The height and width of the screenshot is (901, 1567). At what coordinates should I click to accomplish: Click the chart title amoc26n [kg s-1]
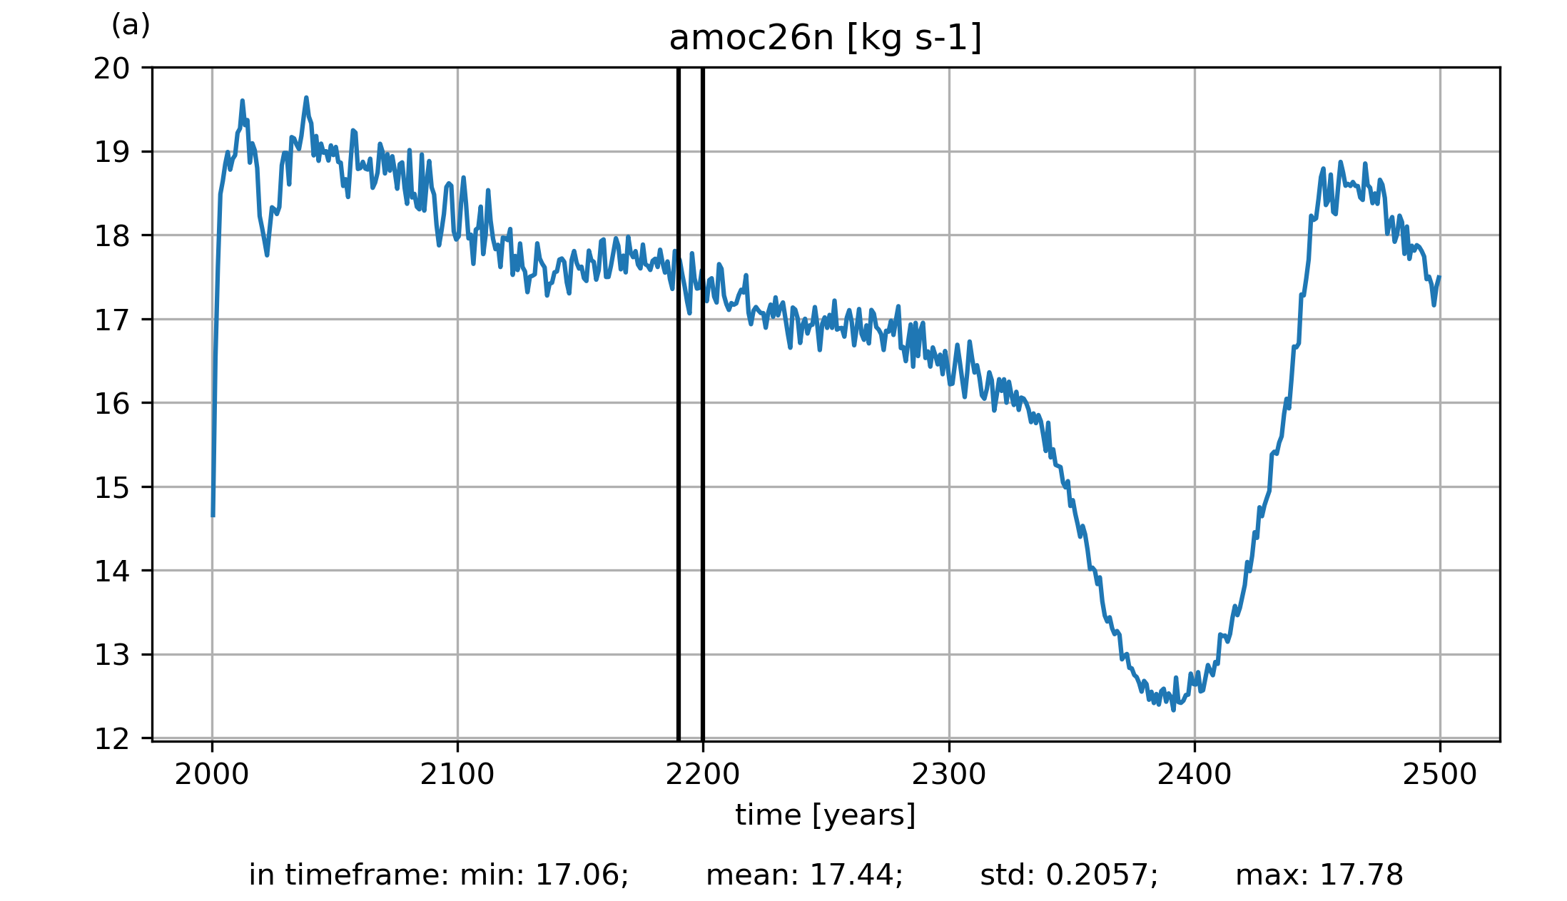pyautogui.click(x=825, y=38)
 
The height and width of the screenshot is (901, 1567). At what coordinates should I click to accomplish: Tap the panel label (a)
pyautogui.click(x=131, y=26)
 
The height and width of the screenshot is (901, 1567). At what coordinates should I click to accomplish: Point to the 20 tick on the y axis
pyautogui.click(x=112, y=68)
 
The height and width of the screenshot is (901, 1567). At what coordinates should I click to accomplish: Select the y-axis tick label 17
pyautogui.click(x=112, y=320)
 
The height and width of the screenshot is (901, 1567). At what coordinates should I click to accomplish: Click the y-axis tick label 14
pyautogui.click(x=112, y=571)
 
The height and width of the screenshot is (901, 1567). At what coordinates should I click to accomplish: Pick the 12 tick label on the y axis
pyautogui.click(x=112, y=739)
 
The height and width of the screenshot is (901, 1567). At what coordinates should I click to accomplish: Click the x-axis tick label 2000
pyautogui.click(x=212, y=775)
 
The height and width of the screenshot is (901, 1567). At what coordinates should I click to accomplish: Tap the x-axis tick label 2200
pyautogui.click(x=703, y=775)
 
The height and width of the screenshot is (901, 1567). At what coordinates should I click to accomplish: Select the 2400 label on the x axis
pyautogui.click(x=1194, y=775)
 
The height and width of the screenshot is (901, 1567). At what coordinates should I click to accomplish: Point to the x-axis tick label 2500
pyautogui.click(x=1439, y=775)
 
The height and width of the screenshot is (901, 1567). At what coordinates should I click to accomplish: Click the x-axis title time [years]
pyautogui.click(x=825, y=815)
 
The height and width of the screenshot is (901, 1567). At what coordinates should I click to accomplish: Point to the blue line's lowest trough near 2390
pyautogui.click(x=1173, y=710)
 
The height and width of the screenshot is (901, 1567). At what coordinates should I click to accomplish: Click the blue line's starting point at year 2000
pyautogui.click(x=213, y=515)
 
